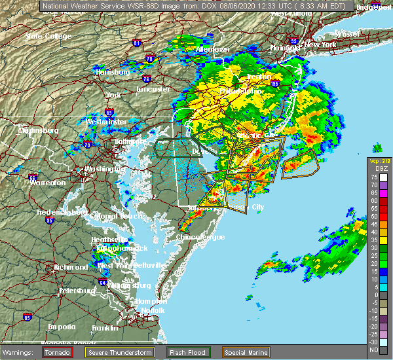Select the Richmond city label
click(71, 267)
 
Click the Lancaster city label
click(153, 89)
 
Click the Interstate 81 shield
click(137, 43)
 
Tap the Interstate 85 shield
click(27, 317)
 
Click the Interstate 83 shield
click(109, 95)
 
